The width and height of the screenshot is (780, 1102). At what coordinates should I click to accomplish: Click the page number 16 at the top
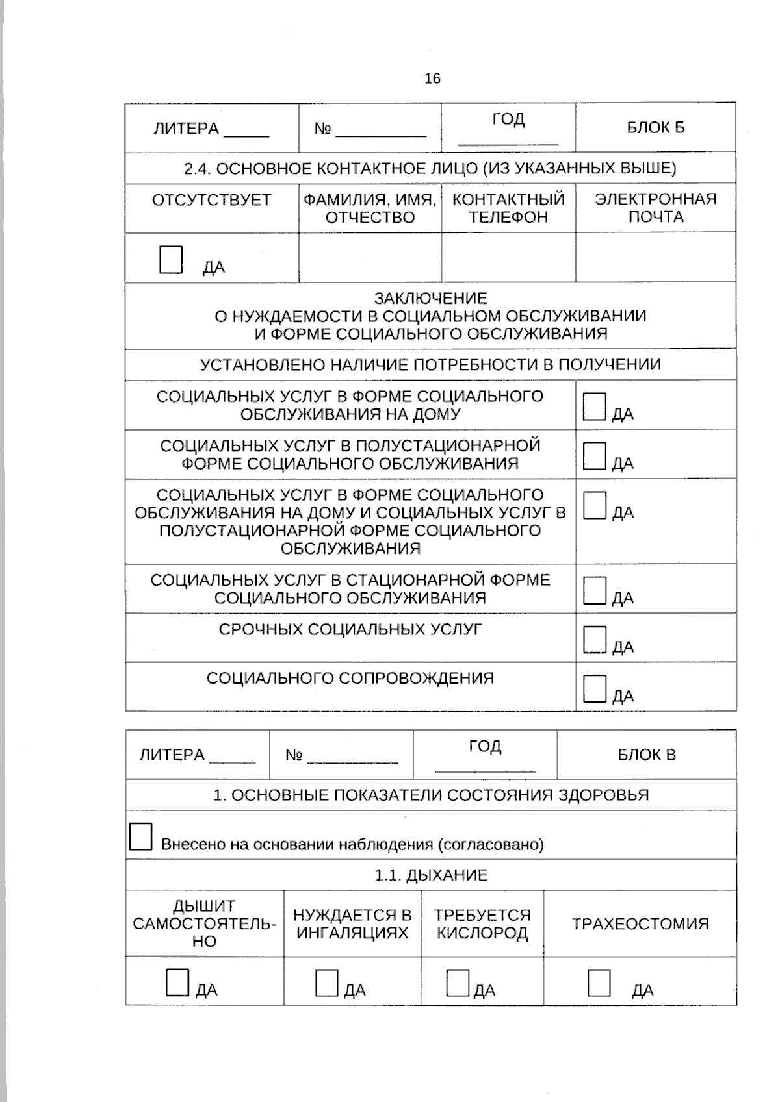pyautogui.click(x=432, y=79)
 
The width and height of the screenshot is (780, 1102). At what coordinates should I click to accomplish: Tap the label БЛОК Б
pyautogui.click(x=655, y=127)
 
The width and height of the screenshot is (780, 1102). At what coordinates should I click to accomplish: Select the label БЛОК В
pyautogui.click(x=646, y=755)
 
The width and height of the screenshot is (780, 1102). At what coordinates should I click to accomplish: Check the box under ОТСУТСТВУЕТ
pyautogui.click(x=171, y=260)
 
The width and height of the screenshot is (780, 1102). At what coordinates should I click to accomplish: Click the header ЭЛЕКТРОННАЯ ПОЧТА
pyautogui.click(x=655, y=208)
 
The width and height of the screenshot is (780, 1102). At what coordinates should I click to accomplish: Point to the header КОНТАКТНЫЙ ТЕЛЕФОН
pyautogui.click(x=508, y=208)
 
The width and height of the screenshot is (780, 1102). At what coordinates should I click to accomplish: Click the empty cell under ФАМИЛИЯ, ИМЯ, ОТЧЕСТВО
pyautogui.click(x=370, y=258)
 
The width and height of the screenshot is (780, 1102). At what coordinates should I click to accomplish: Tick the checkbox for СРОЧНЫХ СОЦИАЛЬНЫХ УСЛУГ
pyautogui.click(x=595, y=638)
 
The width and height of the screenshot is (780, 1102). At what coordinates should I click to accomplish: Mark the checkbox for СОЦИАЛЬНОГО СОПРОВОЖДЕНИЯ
pyautogui.click(x=595, y=688)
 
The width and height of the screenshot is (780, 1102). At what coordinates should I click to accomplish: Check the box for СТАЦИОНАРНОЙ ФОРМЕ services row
pyautogui.click(x=595, y=590)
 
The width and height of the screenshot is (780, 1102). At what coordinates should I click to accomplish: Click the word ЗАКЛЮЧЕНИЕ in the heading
pyautogui.click(x=430, y=298)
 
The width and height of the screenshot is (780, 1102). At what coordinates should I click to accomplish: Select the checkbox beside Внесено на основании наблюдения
pyautogui.click(x=140, y=836)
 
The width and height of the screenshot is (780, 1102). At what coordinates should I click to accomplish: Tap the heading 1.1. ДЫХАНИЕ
pyautogui.click(x=431, y=875)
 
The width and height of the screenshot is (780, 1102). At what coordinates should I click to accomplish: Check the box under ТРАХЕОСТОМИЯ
pyautogui.click(x=599, y=983)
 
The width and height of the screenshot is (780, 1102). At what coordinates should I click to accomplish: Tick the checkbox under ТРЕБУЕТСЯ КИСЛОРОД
pyautogui.click(x=458, y=983)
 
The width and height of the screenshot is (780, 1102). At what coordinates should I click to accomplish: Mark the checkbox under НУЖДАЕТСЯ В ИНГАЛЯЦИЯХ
pyautogui.click(x=327, y=983)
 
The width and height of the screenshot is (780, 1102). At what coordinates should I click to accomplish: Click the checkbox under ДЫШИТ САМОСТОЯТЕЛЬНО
pyautogui.click(x=177, y=983)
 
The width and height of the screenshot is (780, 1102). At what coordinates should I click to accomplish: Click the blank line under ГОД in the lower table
pyautogui.click(x=485, y=770)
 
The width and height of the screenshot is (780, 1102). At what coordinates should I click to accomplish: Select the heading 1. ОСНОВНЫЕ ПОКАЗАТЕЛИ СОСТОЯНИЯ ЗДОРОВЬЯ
pyautogui.click(x=431, y=795)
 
